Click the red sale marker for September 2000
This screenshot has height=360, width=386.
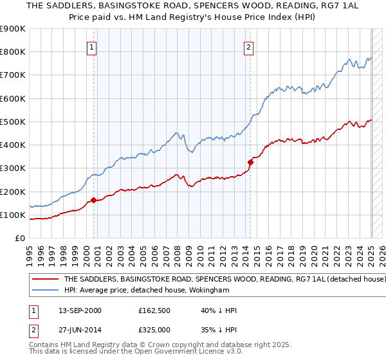click(93, 200)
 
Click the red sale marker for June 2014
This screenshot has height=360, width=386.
click(250, 162)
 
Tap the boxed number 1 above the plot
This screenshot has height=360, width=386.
click(92, 46)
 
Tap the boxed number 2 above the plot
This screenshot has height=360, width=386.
click(248, 46)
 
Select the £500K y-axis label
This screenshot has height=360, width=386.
click(13, 122)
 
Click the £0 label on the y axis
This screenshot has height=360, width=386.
click(19, 239)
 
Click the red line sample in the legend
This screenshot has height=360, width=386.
click(45, 280)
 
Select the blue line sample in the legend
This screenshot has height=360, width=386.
click(45, 290)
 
